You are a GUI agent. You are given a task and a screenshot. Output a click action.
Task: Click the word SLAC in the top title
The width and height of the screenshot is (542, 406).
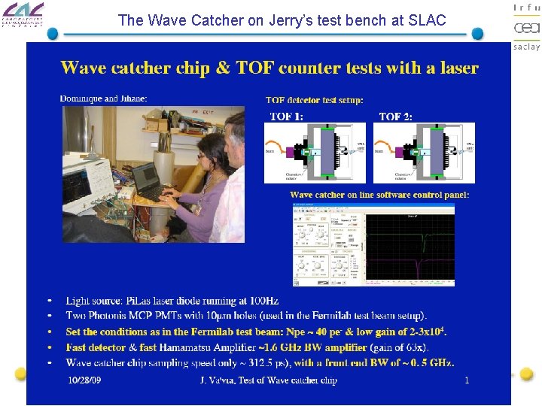[x=428, y=21]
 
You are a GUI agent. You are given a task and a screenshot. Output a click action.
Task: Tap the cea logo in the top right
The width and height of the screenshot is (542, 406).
[x=526, y=27]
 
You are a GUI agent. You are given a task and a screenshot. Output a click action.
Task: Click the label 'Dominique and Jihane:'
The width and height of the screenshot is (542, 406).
[x=103, y=98]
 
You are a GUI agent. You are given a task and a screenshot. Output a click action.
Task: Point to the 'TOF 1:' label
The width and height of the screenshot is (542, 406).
[x=287, y=117]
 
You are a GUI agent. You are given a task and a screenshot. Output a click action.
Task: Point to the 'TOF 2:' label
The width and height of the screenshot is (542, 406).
[x=395, y=117]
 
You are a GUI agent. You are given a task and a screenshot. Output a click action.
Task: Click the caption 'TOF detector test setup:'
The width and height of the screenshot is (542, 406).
[x=314, y=100]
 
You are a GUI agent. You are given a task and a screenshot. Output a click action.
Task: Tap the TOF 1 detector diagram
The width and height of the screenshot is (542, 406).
[x=315, y=153]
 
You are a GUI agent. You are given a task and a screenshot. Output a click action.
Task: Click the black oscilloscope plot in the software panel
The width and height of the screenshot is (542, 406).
[x=410, y=247]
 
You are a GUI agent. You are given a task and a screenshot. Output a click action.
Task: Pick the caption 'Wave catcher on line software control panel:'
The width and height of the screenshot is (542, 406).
[x=379, y=195]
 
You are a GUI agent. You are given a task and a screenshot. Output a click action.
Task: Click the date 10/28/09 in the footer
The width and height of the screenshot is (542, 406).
[x=84, y=380]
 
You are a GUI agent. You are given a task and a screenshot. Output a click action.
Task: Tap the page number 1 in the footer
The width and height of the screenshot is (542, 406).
[x=467, y=380]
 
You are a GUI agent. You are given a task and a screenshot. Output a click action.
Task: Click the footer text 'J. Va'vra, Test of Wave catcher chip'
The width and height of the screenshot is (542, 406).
[x=268, y=380]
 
